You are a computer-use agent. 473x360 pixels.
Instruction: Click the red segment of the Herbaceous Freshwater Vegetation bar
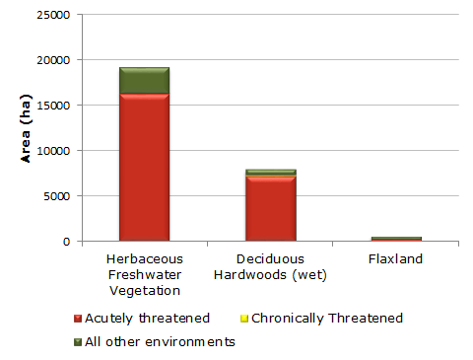(144, 168)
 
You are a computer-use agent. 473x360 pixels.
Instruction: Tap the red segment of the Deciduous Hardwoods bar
(271, 208)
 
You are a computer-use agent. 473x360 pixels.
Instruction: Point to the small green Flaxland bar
(396, 239)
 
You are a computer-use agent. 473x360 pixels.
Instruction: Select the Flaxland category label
(396, 260)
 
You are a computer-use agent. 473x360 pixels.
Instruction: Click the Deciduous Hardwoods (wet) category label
(271, 267)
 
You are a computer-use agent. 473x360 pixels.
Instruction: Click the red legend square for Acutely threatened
(79, 320)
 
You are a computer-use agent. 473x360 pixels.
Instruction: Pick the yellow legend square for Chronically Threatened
(243, 320)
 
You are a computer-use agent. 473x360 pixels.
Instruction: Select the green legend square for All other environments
(79, 342)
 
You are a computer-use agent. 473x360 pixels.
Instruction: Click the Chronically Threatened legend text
(327, 319)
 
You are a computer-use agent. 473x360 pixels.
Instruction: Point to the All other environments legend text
(161, 342)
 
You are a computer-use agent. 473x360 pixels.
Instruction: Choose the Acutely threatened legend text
(148, 319)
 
